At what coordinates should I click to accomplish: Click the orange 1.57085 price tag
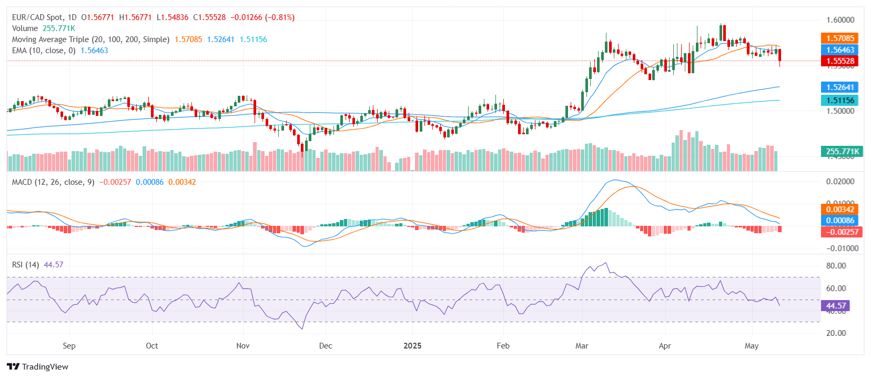coord(839,38)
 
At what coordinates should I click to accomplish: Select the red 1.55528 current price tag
coord(839,61)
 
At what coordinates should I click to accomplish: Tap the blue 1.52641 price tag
coord(839,87)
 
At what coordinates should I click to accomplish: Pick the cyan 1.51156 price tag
coord(839,100)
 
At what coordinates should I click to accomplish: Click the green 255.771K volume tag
coord(842,152)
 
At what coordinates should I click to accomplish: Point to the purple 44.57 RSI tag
coord(836,305)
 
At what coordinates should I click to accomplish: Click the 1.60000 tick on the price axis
coord(840,20)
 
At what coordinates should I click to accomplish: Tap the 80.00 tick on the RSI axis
coord(836,266)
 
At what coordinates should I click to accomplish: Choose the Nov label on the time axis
coord(242,346)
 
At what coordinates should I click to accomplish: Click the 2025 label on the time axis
coord(412,346)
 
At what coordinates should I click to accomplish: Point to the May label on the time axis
coord(751,346)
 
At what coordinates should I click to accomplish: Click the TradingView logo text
coord(45,367)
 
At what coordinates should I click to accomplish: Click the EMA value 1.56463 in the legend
coord(94,51)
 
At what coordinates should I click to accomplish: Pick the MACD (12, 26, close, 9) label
coord(53,182)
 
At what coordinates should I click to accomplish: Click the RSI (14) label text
coord(25,265)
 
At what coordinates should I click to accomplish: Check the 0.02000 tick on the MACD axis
coord(840,182)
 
